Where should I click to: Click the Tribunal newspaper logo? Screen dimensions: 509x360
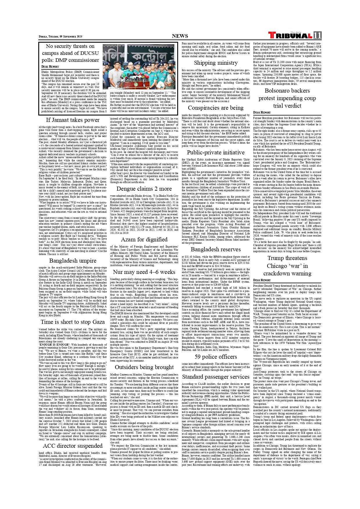[290, 35]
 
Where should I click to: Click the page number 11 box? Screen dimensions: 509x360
[317, 35]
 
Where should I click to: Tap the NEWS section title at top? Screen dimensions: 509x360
[180, 36]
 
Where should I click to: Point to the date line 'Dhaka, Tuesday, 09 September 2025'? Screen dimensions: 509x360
[61, 37]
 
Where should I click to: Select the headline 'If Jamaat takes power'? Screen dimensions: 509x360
[73, 120]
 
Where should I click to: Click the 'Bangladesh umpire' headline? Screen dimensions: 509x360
[73, 261]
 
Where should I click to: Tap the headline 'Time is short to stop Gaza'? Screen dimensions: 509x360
[73, 322]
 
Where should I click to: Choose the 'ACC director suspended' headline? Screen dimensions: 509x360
[73, 446]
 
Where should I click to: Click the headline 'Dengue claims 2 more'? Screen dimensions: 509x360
[144, 189]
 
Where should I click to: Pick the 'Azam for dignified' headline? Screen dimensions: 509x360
[144, 239]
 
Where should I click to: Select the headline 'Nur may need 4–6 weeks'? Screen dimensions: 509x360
[144, 272]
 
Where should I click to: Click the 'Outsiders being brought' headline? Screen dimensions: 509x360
[144, 367]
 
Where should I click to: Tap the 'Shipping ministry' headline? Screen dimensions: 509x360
[216, 63]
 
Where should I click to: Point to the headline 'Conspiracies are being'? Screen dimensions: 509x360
[216, 108]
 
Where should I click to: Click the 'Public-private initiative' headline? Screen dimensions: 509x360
[216, 152]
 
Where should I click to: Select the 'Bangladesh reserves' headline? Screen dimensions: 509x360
[216, 249]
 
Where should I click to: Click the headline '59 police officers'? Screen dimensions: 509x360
[216, 357]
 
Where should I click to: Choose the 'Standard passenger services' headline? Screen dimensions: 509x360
[216, 377]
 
